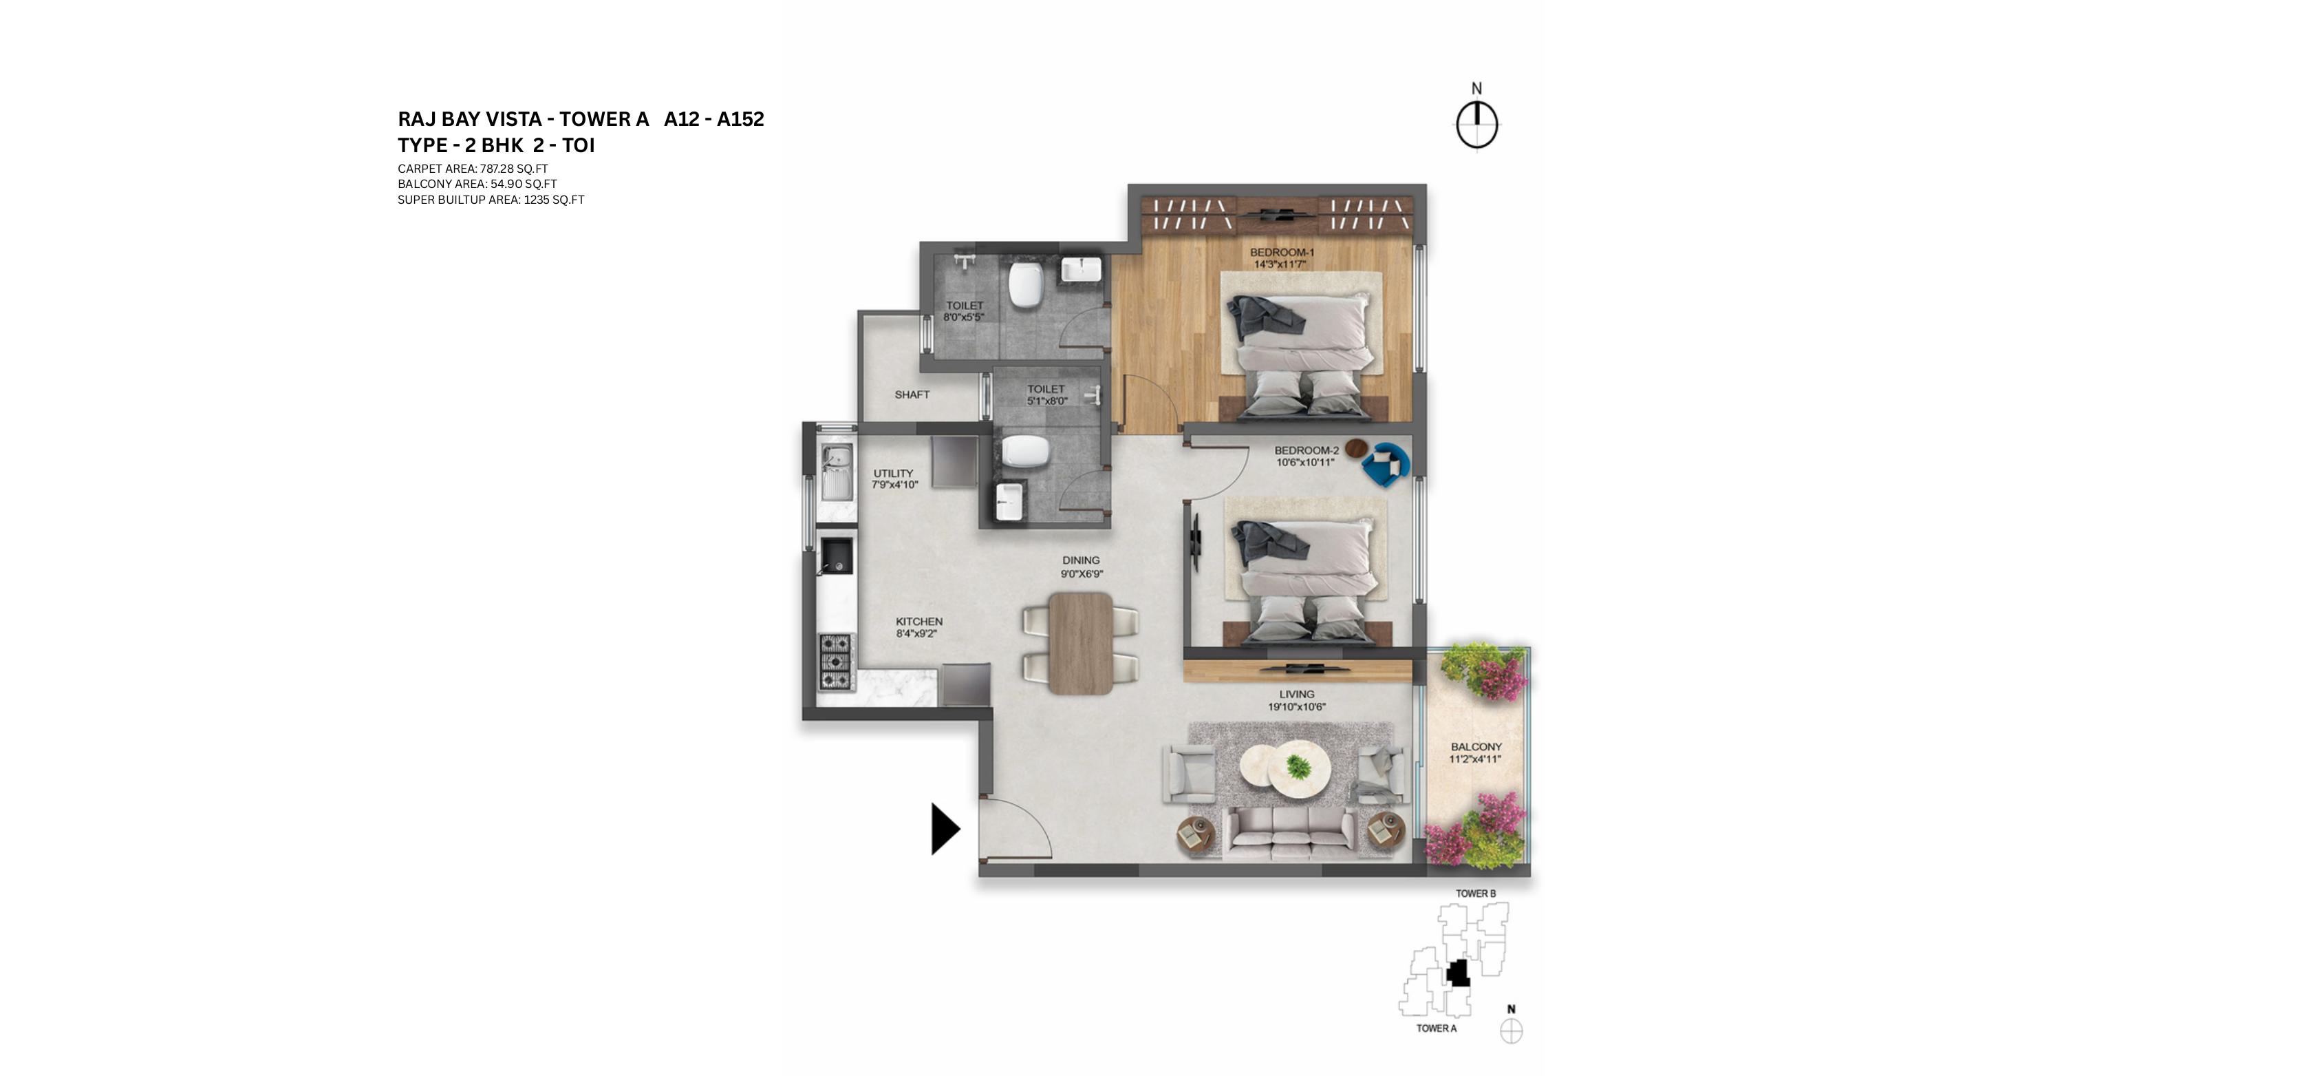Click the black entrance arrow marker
[x=944, y=828]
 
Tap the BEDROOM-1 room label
[x=1282, y=253]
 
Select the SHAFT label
[x=912, y=395]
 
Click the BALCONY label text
[x=1476, y=747]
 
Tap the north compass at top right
[x=1476, y=123]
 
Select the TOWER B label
[x=1476, y=894]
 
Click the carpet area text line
[x=473, y=169]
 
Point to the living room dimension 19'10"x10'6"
[x=1296, y=707]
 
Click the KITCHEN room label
[x=918, y=622]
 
